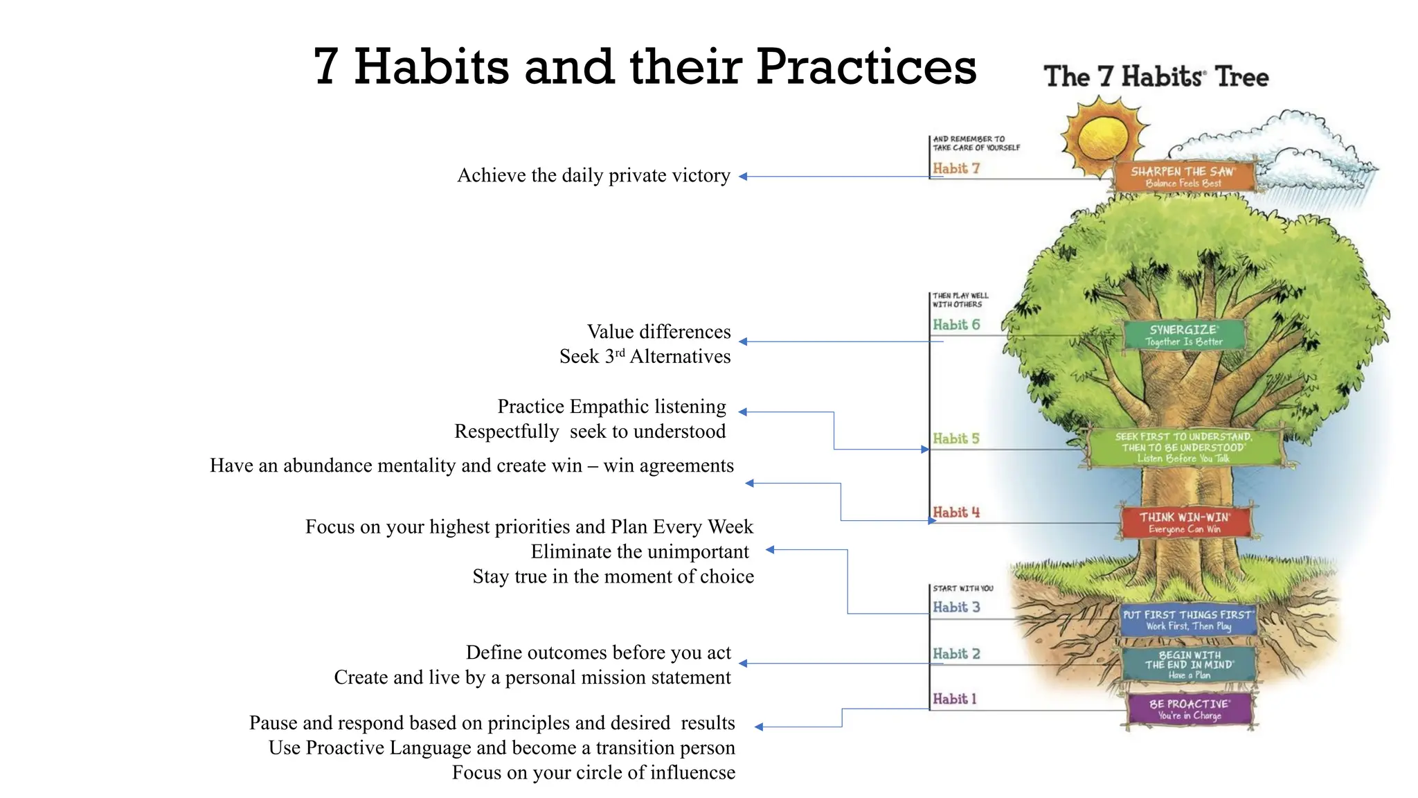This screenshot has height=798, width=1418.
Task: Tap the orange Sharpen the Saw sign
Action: (1183, 177)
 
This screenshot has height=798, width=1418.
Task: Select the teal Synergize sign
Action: (1183, 335)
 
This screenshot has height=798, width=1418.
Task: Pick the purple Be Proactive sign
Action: (1190, 709)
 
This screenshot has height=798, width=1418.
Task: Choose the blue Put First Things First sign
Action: (1187, 620)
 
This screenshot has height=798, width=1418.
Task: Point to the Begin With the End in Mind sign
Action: (1189, 664)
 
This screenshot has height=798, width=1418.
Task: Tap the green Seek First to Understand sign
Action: (1184, 447)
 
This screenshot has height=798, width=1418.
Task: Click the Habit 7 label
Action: (955, 168)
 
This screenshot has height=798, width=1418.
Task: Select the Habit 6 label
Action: (956, 325)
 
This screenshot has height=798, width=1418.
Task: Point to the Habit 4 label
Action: (956, 513)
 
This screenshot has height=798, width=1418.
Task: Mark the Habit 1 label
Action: (954, 699)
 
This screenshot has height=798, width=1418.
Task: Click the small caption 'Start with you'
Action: (962, 588)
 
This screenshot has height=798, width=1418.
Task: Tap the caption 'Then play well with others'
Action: (960, 300)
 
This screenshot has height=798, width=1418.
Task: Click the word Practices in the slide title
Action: (865, 68)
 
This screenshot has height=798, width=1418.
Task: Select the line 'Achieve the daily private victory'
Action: (593, 176)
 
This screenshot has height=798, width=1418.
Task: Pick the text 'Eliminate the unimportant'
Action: (639, 552)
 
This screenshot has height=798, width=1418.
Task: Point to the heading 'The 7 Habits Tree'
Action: (1156, 77)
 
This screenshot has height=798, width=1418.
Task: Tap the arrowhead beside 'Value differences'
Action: (743, 342)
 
